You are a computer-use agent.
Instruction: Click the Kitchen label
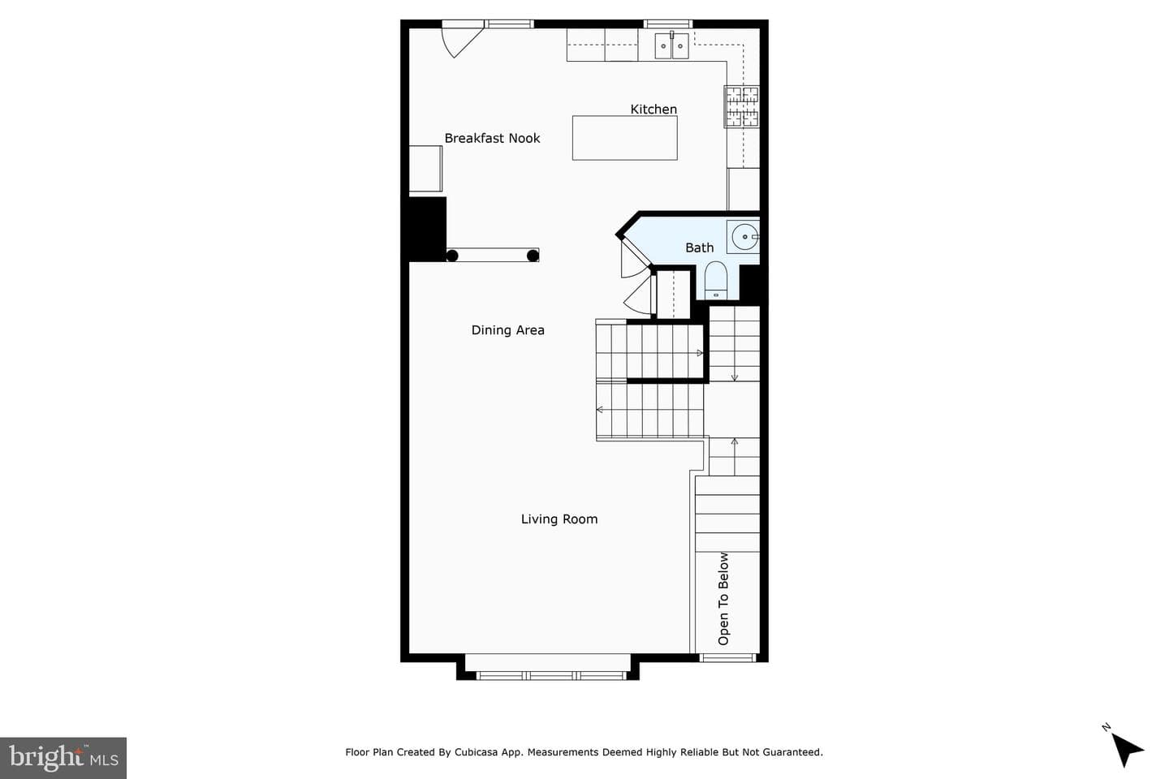tap(654, 109)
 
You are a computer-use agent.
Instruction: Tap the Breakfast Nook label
tap(492, 138)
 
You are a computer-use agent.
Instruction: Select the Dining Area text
tap(508, 330)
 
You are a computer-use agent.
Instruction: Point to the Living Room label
tap(559, 519)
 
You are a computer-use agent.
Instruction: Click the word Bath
tap(699, 247)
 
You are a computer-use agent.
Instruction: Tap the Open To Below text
tap(723, 599)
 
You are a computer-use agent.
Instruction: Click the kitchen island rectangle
tap(625, 138)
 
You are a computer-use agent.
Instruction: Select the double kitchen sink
tap(671, 45)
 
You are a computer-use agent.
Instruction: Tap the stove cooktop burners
tap(742, 106)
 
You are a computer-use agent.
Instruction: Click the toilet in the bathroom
tap(715, 280)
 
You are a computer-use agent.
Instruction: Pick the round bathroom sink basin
tap(744, 237)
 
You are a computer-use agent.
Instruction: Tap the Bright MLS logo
tap(63, 758)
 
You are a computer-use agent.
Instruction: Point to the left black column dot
tap(452, 256)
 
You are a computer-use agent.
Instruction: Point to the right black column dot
tap(533, 256)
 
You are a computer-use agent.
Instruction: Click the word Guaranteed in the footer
tap(792, 752)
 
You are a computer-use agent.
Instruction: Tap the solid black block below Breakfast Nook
tap(427, 229)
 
